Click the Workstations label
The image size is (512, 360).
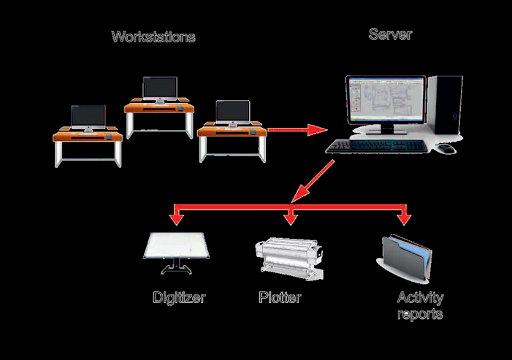(153, 37)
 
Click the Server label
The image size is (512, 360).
(389, 34)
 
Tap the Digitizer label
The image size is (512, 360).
(179, 298)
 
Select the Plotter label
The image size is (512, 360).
(280, 298)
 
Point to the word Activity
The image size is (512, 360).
(420, 298)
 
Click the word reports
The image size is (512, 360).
(420, 315)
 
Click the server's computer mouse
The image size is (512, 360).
(446, 148)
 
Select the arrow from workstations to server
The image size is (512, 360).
(296, 130)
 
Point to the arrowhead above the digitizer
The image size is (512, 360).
(175, 218)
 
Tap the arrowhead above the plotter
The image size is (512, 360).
(292, 218)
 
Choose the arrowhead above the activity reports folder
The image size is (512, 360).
(404, 218)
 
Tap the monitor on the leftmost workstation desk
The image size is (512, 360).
(88, 117)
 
